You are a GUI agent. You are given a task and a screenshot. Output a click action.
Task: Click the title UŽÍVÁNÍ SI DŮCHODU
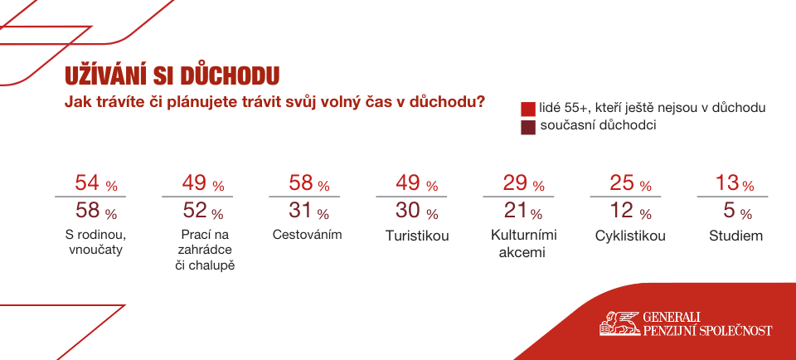coord(172,75)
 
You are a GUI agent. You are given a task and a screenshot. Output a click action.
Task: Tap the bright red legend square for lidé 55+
coord(528,109)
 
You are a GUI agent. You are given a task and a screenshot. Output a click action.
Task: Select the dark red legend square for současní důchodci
coord(528,128)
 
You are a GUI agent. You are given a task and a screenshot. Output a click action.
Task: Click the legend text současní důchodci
coord(598,125)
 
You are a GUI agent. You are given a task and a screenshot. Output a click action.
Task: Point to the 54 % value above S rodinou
coord(96,183)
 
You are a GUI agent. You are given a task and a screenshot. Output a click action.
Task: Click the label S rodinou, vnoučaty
coord(95,243)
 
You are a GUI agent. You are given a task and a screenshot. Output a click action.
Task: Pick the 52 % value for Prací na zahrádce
coord(203,211)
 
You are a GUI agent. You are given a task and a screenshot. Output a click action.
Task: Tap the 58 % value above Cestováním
coord(309,183)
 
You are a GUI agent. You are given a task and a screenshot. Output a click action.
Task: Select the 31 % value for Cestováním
coord(309,211)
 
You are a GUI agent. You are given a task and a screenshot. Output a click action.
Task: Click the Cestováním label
coord(307,235)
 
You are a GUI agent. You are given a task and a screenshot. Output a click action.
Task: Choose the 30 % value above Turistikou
coord(417,211)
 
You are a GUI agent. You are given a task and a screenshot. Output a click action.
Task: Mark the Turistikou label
coord(417,236)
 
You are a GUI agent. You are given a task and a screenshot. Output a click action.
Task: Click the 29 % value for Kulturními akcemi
coord(523,183)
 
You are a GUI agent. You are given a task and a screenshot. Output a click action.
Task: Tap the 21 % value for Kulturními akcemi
coord(522,211)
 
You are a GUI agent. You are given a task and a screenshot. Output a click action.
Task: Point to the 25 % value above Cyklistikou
coord(630,183)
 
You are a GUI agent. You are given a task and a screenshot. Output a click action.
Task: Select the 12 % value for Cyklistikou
coord(630,211)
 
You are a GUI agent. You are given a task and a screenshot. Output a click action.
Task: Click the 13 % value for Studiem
coord(735,183)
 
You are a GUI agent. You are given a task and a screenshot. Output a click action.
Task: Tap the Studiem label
coord(735,236)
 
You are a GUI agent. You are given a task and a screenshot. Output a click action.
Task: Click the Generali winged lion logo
coord(619,324)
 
